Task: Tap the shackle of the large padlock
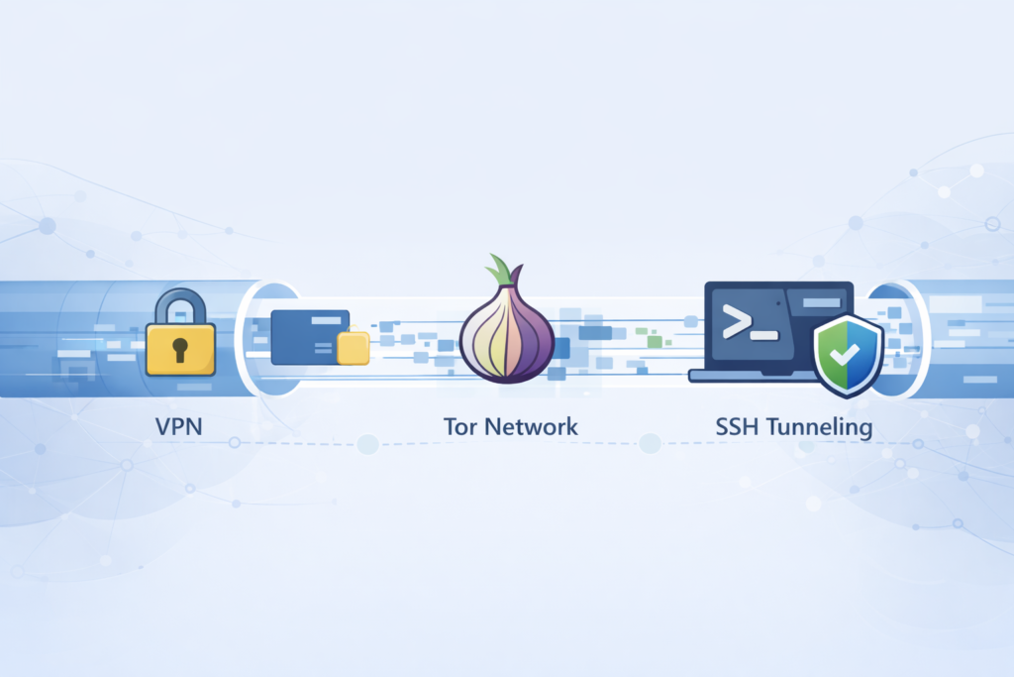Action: [180, 304]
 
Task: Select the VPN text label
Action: [180, 428]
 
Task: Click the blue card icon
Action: [309, 334]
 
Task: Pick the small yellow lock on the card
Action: [353, 348]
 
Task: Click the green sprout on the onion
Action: [501, 271]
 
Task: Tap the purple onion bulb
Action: [508, 335]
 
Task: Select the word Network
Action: [528, 428]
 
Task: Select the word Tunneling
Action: [821, 428]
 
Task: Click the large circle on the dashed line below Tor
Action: [367, 444]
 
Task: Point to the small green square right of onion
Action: [655, 341]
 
